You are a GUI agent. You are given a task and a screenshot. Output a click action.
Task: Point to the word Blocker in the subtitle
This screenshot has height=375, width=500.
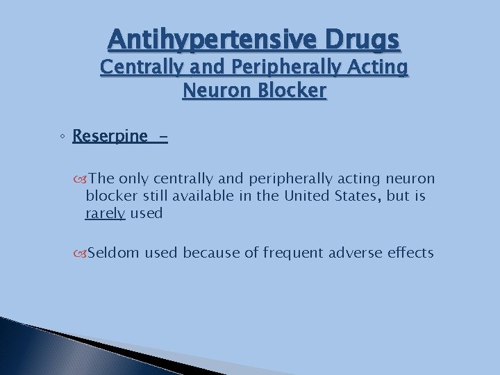tap(293, 90)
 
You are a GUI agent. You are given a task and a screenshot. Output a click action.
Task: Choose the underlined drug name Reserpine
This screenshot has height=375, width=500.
tap(110, 135)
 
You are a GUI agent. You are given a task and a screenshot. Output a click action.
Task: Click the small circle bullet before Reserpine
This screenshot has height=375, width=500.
tap(62, 137)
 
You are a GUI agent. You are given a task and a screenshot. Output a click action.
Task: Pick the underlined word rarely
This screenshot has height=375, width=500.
tap(105, 214)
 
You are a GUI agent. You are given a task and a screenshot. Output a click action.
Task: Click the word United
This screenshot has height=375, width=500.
tap(306, 197)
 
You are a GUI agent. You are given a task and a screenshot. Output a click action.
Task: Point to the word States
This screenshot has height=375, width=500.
tap(357, 197)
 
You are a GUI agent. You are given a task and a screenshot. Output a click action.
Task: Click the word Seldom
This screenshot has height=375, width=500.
tap(114, 253)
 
